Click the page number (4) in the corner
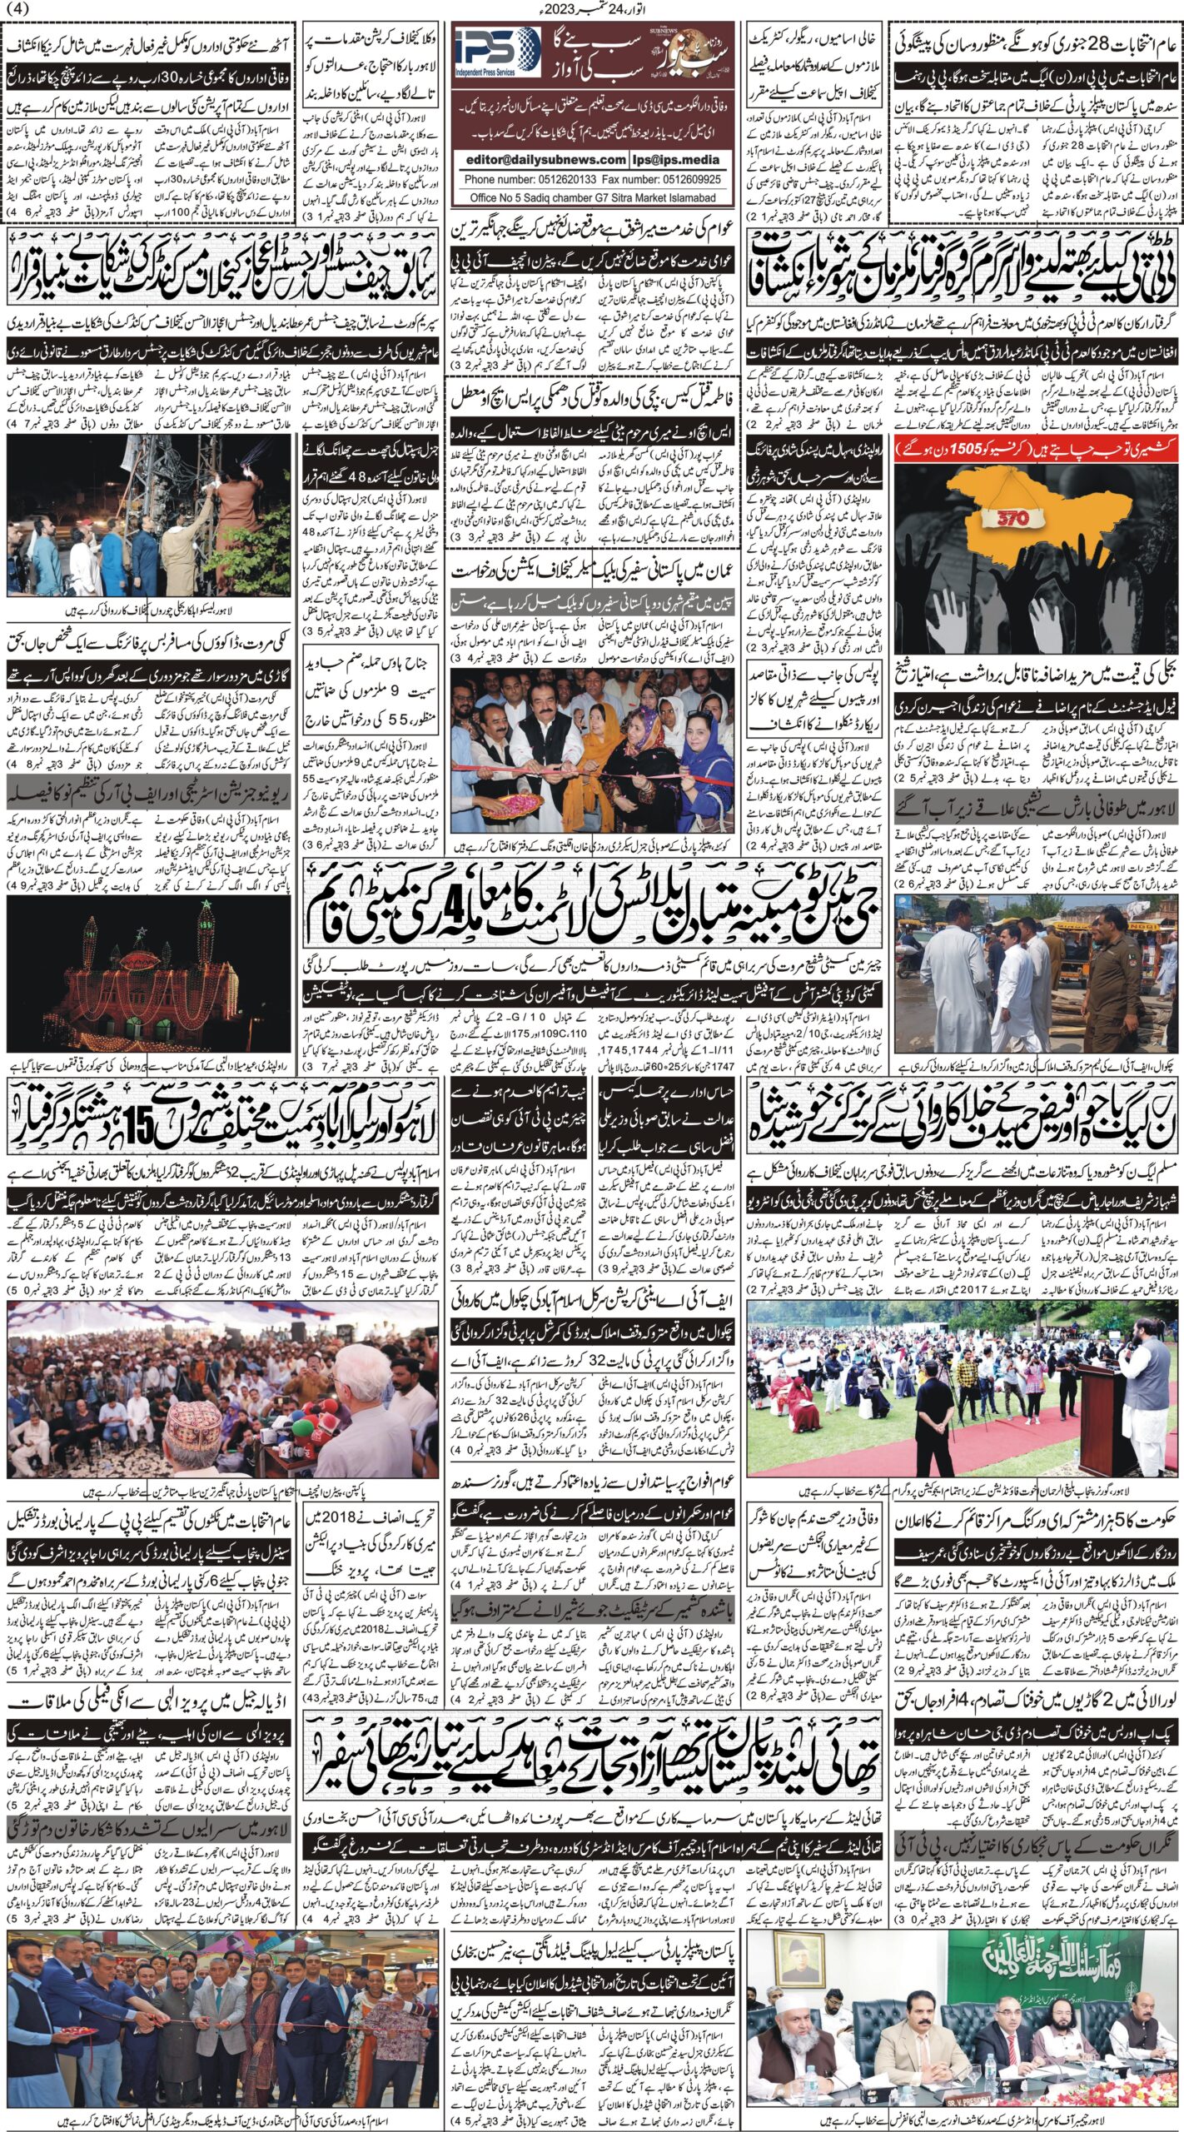pyautogui.click(x=17, y=9)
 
